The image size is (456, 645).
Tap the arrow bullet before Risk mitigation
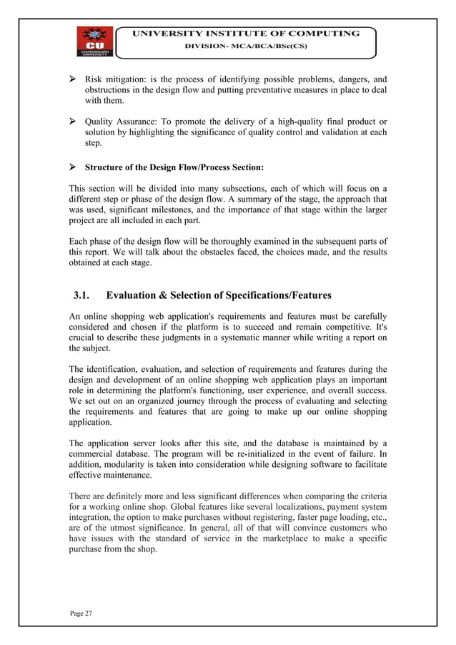(x=74, y=79)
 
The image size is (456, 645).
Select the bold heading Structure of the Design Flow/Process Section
(x=174, y=168)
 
